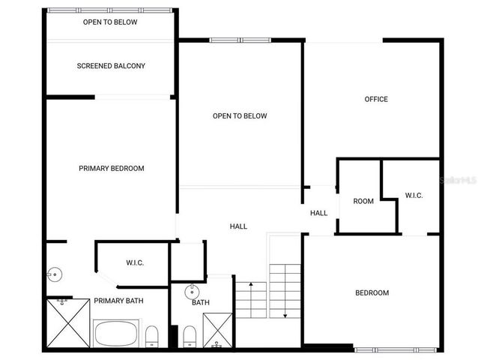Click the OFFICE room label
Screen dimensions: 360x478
376,99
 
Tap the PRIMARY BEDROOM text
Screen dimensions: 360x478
111,169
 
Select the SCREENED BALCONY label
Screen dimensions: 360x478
111,66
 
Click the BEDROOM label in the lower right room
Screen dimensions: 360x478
372,293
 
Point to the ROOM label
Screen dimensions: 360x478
363,201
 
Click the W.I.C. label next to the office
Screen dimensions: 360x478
414,196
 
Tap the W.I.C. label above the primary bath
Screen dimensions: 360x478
135,262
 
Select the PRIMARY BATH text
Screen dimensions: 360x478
118,301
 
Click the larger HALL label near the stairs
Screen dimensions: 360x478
238,226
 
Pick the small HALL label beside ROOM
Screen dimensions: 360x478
318,213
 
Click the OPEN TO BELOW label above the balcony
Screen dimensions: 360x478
110,22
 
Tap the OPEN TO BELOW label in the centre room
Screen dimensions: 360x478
240,116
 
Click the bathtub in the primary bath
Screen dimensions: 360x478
116,331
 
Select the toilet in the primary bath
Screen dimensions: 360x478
151,335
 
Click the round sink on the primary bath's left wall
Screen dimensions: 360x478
52,274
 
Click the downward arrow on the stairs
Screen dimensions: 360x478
285,300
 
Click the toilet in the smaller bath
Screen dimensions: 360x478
189,335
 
